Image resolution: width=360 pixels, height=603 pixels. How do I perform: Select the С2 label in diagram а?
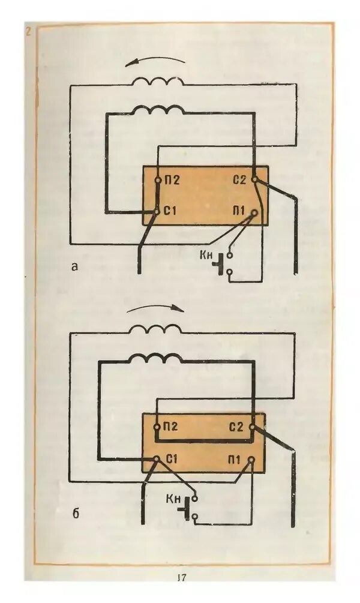pos(239,179)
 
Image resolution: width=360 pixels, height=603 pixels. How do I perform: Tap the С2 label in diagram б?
pos(236,427)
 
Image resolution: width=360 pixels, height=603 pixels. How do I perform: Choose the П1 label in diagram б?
pos(235,460)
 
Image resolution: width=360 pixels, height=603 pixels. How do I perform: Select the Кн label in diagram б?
pos(174,499)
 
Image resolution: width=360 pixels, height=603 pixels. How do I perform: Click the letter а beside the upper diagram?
pos(74,267)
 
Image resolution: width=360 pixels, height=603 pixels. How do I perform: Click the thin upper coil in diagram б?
pos(156,329)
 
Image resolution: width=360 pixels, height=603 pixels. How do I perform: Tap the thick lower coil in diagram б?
pos(155,358)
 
